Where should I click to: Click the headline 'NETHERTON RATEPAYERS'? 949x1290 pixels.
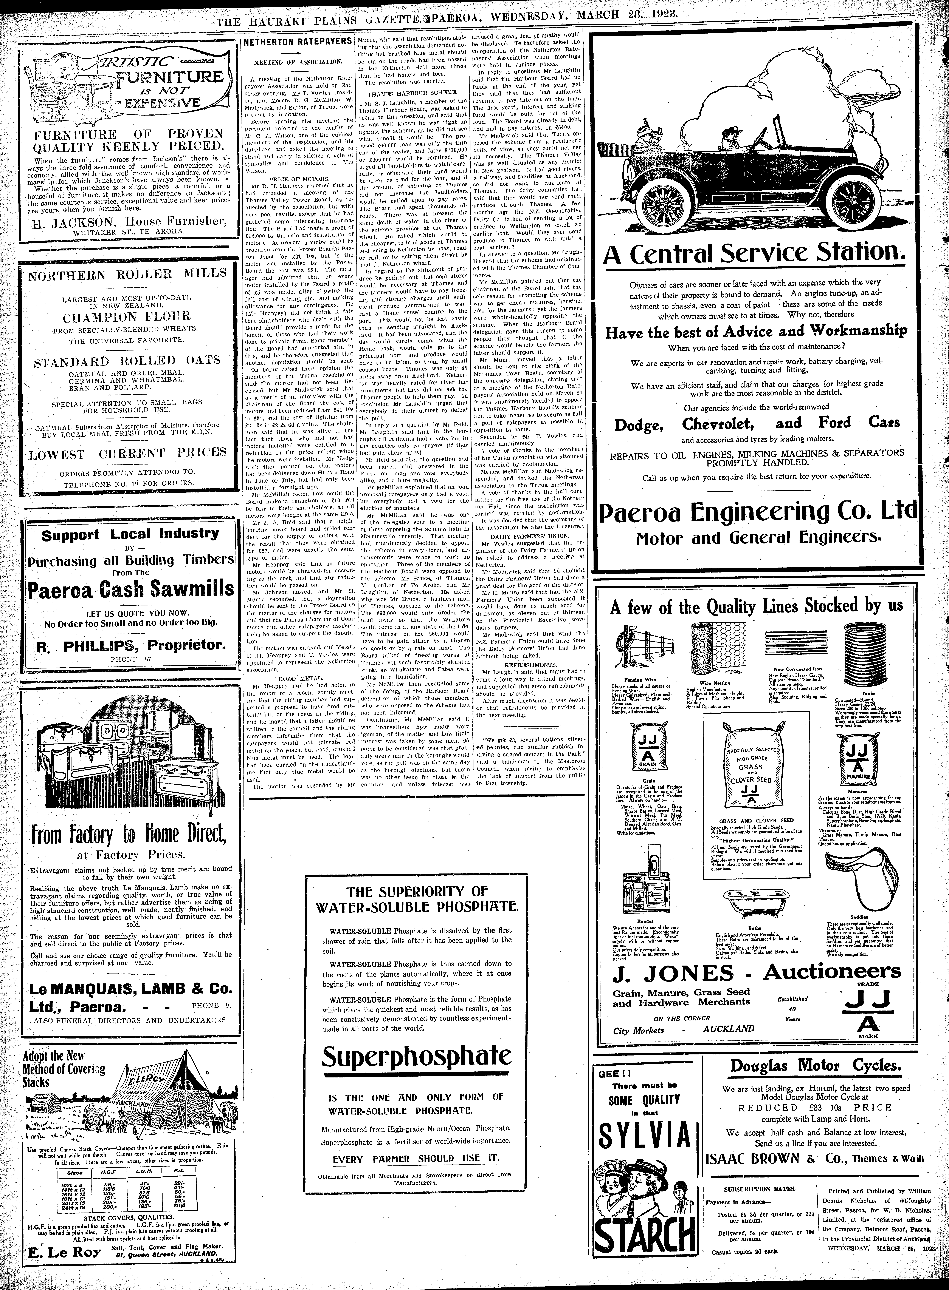pos(298,42)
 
